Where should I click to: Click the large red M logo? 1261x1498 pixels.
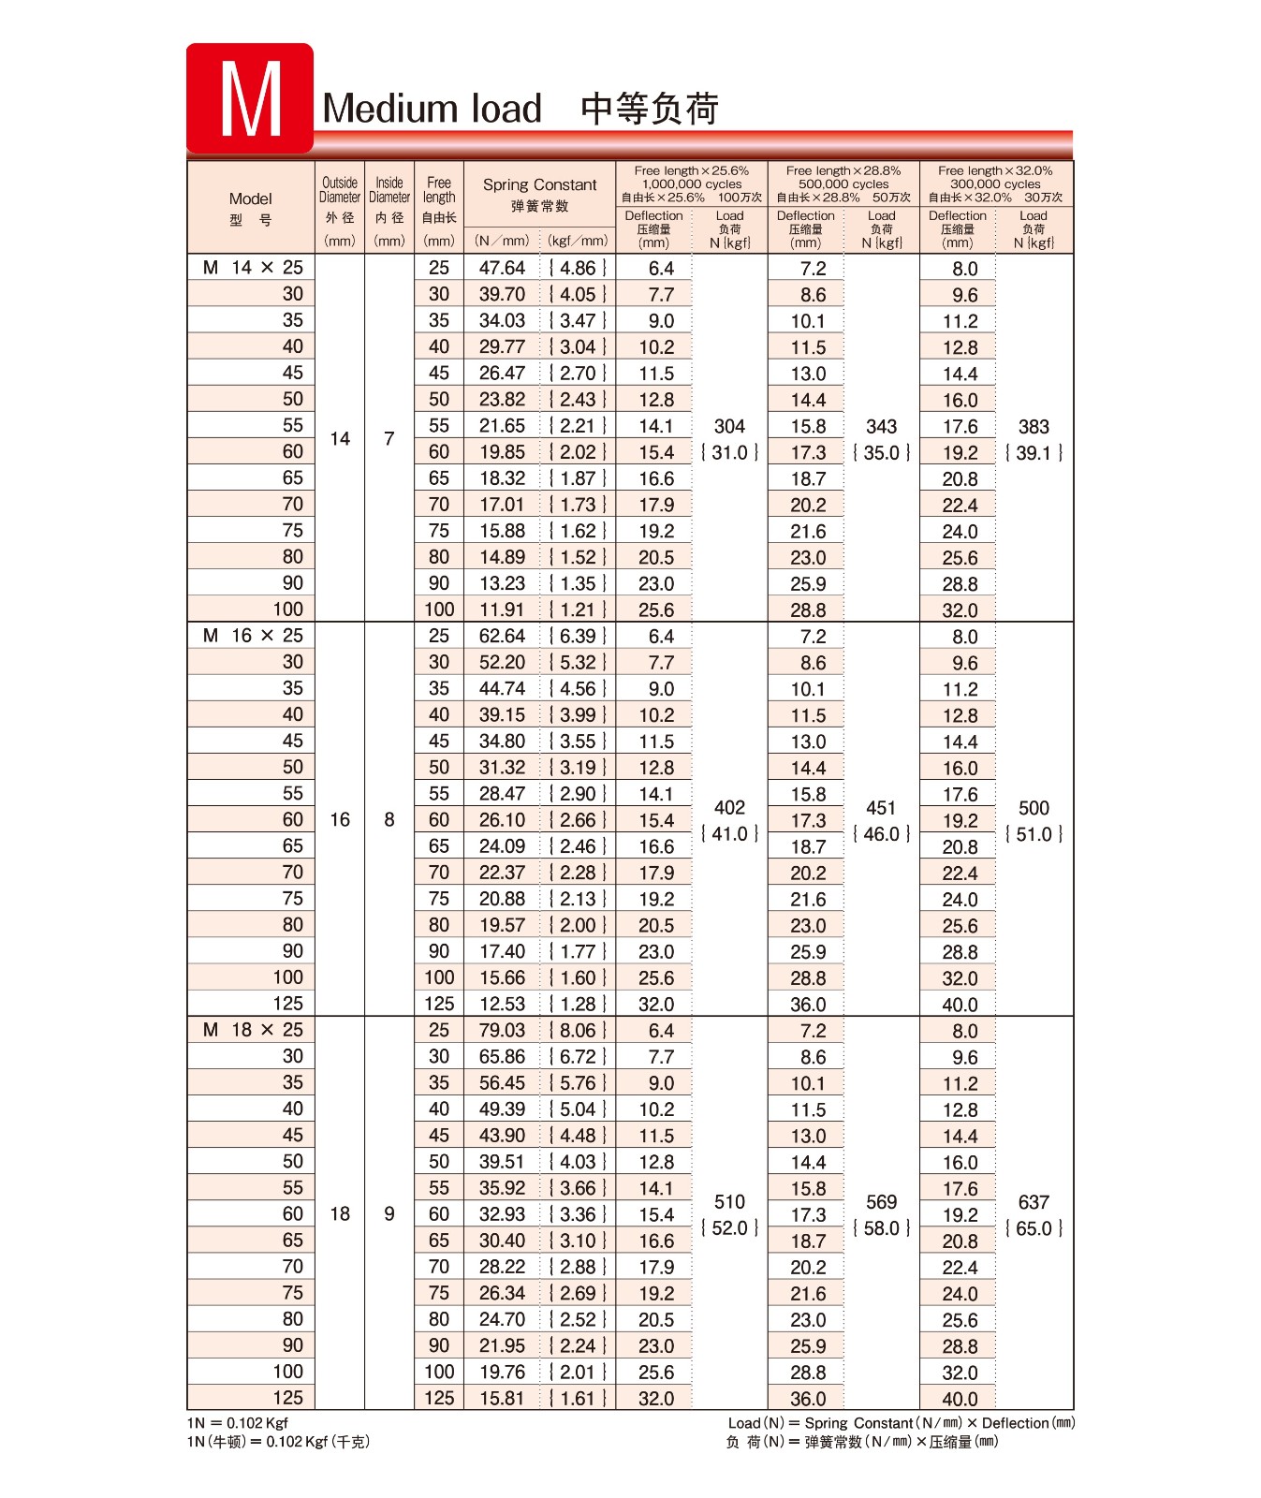[x=250, y=98]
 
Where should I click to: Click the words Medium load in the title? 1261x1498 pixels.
[x=432, y=109]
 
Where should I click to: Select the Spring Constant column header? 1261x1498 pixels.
[x=539, y=185]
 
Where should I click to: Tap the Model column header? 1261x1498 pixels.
[x=251, y=198]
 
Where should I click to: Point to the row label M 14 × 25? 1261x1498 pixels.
[x=253, y=268]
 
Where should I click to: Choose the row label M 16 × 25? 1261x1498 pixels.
[x=253, y=636]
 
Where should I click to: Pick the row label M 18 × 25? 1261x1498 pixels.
[x=253, y=1030]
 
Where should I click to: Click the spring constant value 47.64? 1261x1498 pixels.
[x=502, y=268]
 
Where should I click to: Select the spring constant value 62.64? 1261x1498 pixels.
[x=502, y=636]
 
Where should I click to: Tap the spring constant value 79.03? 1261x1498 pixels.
[x=502, y=1030]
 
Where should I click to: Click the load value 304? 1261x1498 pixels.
[x=729, y=427]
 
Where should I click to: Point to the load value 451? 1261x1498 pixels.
[x=881, y=808]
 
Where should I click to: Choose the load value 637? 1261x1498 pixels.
[x=1034, y=1202]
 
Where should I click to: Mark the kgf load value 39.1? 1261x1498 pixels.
[x=1034, y=453]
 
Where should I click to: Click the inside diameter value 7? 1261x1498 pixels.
[x=389, y=438]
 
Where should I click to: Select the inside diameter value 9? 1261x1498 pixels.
[x=389, y=1213]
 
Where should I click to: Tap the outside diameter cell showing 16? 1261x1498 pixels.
[x=340, y=819]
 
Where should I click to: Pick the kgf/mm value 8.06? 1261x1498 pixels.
[x=578, y=1030]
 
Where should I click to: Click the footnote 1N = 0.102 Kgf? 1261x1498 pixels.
[x=238, y=1423]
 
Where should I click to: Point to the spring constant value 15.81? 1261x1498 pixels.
[x=502, y=1398]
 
